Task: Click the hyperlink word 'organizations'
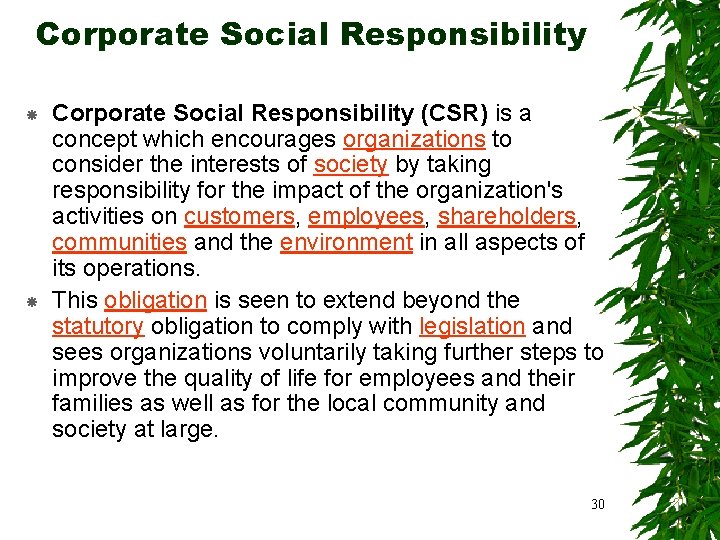[x=414, y=138]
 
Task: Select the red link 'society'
[x=350, y=164]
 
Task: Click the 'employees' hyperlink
[x=366, y=216]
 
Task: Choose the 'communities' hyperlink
[x=119, y=242]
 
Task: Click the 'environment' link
[x=346, y=242]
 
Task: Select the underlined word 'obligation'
[x=155, y=300]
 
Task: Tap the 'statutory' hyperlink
[x=98, y=326]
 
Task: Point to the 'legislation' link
[x=472, y=326]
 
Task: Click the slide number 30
[x=598, y=503]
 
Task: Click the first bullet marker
[x=31, y=116]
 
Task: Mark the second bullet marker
[x=31, y=301]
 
